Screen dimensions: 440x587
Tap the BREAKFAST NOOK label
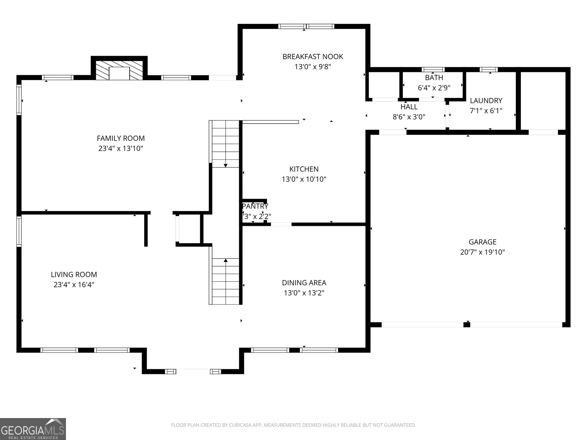[x=313, y=56]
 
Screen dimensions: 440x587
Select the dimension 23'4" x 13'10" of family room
[x=121, y=148]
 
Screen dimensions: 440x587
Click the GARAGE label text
[x=482, y=242]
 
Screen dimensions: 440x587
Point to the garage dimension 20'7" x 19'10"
[x=482, y=252]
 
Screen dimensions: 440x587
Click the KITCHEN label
[x=304, y=169]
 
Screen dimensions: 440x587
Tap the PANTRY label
[x=255, y=206]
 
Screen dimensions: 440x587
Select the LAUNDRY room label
[x=486, y=100]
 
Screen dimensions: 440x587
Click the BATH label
[x=434, y=78]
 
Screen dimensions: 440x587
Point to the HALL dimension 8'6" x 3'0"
[x=409, y=117]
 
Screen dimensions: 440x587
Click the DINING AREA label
[x=304, y=283]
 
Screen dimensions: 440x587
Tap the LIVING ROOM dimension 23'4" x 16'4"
[x=74, y=285]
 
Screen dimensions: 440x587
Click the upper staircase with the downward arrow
[x=225, y=144]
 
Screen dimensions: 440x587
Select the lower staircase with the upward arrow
[x=225, y=281]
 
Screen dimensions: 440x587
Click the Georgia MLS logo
[x=33, y=429]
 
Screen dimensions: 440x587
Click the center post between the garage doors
[x=467, y=324]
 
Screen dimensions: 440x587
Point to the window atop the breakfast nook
[x=306, y=26]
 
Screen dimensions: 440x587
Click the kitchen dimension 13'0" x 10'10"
[x=304, y=179]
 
